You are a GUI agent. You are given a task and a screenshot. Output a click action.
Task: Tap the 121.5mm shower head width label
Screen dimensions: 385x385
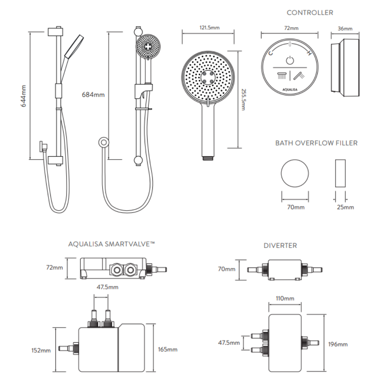pos(210,28)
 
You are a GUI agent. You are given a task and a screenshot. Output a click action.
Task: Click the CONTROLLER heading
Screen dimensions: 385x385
pos(310,13)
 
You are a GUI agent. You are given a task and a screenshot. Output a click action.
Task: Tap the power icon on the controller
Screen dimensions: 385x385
pos(290,60)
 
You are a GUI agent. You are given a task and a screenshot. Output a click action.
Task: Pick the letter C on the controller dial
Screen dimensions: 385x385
pos(270,53)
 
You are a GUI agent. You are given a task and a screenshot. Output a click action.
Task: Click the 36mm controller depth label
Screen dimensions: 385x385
pos(345,29)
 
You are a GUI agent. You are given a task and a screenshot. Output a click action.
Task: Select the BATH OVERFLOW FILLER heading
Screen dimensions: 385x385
pos(316,143)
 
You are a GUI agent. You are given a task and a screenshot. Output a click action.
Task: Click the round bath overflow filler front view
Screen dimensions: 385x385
pos(295,173)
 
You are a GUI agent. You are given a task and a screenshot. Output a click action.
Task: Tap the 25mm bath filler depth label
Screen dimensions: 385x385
pos(345,207)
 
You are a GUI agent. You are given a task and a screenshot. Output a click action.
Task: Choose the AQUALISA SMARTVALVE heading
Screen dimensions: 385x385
pos(112,244)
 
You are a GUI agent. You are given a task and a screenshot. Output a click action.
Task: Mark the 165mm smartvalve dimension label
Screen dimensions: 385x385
pos(167,349)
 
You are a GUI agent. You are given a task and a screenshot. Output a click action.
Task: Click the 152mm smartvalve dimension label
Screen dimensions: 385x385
pos(41,350)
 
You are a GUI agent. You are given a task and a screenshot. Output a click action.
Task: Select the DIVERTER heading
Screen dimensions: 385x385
pos(280,245)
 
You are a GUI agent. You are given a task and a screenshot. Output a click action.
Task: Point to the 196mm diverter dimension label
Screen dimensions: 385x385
pos(338,344)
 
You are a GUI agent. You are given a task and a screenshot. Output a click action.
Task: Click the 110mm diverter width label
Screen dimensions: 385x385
pos(285,298)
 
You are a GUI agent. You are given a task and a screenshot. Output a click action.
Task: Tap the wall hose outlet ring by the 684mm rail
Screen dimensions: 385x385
pos(103,142)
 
